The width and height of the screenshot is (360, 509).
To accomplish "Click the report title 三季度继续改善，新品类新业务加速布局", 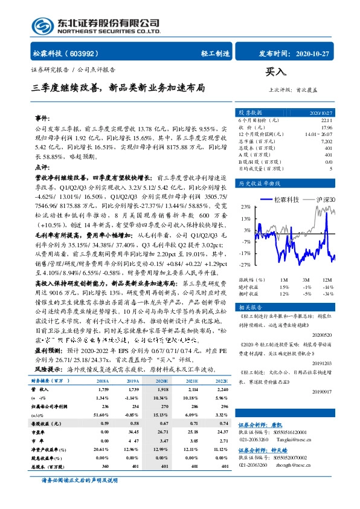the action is click(x=118, y=88).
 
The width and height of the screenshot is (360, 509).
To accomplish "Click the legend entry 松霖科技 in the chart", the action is click(x=282, y=199).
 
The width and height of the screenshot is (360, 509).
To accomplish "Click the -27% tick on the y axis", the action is click(x=246, y=265).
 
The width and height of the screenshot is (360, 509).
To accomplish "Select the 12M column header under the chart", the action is click(x=327, y=280).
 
